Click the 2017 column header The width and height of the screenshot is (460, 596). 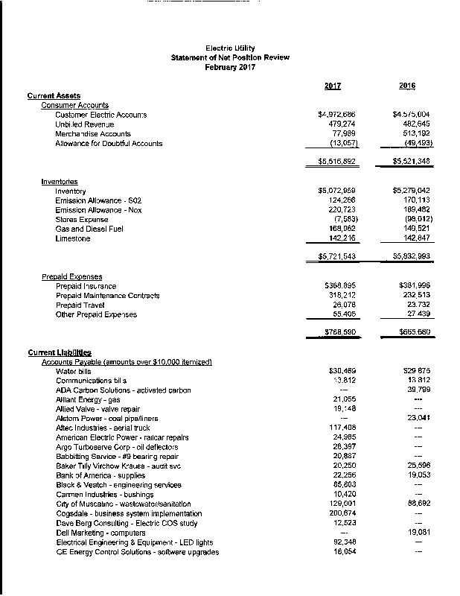(x=333, y=86)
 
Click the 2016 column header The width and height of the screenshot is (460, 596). (x=406, y=86)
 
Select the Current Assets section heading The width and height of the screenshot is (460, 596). (x=54, y=95)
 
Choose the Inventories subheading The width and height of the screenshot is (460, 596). (x=60, y=182)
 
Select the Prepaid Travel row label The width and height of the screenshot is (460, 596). (x=80, y=305)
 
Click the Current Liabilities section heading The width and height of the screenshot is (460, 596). (x=59, y=352)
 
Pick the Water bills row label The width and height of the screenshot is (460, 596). (x=74, y=371)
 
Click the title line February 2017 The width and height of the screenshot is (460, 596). (x=230, y=67)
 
